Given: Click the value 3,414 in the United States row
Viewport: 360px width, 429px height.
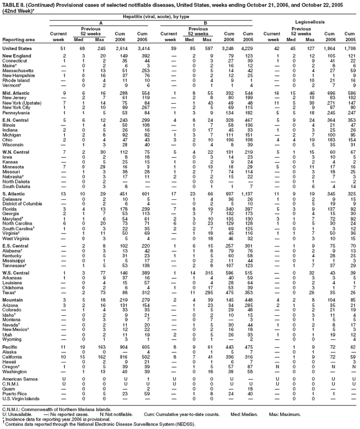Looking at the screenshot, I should pos(145,48).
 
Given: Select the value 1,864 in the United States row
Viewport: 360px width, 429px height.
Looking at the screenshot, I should pos(330,48).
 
